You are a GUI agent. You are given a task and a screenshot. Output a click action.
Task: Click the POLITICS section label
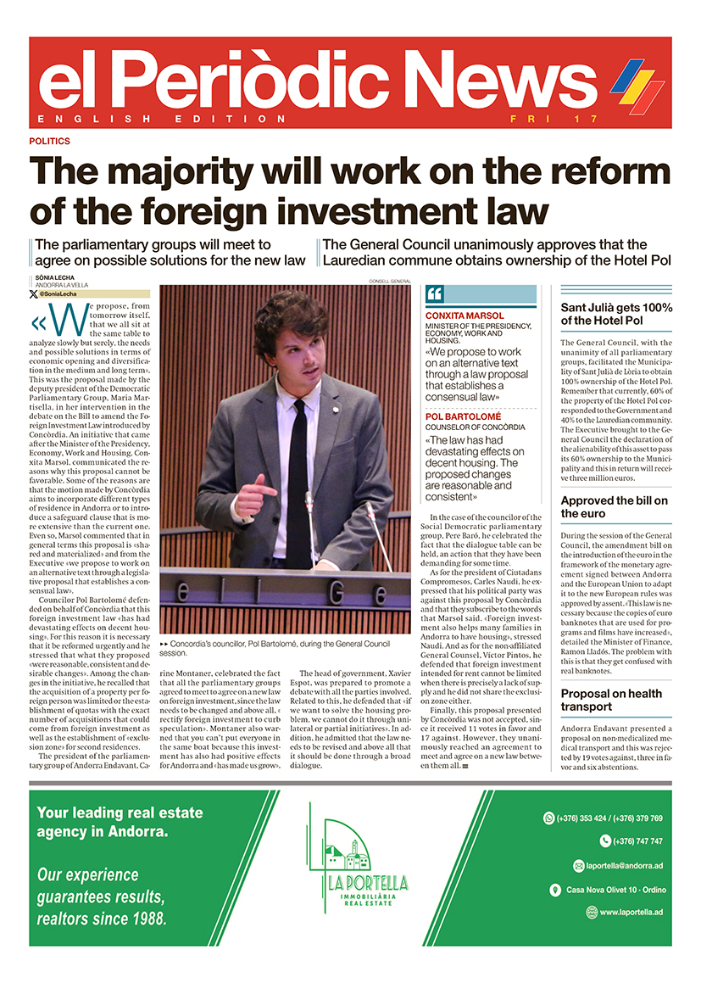pos(49,141)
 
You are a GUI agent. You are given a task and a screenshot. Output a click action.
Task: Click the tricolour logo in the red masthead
pos(637,84)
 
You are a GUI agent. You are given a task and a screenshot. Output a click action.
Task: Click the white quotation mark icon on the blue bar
pos(436,294)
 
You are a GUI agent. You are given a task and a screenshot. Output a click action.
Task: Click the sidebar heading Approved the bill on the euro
pos(614,506)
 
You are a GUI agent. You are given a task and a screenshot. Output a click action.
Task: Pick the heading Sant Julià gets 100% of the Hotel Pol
pos(616,314)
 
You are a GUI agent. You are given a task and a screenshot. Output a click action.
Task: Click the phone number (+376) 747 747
pos(631,841)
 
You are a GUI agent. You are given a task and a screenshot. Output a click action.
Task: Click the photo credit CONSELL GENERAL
pos(390,281)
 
